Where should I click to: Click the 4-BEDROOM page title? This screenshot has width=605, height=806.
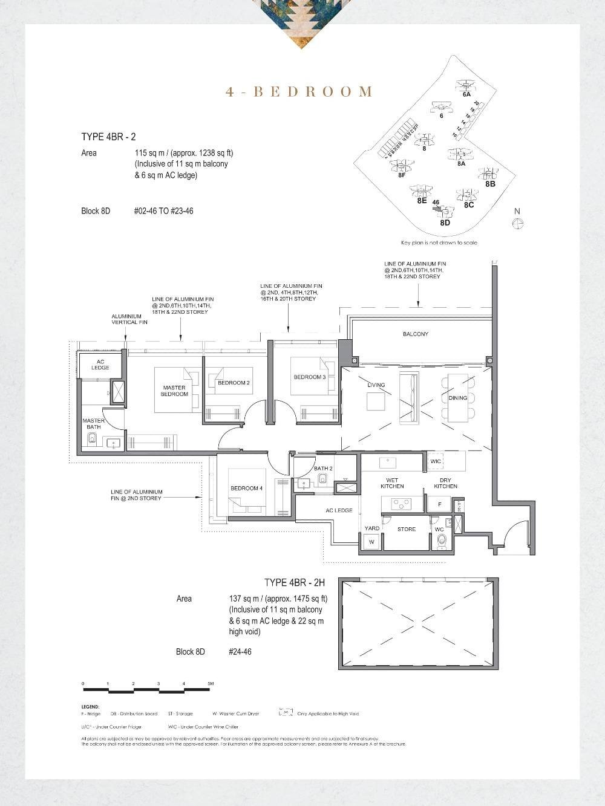[299, 92]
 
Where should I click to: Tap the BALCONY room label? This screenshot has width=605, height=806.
[415, 334]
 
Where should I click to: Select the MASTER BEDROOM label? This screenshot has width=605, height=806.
[174, 391]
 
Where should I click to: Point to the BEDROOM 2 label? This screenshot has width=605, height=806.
[234, 383]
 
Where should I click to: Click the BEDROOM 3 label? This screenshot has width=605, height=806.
[309, 377]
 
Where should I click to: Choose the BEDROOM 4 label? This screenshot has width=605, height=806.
[246, 488]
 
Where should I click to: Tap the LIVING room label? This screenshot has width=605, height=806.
[376, 385]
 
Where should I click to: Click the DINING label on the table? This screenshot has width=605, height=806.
[458, 398]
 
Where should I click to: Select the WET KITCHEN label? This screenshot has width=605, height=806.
[392, 483]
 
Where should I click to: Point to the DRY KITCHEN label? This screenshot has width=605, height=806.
[445, 483]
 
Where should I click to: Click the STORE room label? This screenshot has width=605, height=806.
[406, 529]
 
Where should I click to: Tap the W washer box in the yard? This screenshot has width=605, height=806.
[372, 542]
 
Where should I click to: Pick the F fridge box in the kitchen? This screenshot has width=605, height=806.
[439, 504]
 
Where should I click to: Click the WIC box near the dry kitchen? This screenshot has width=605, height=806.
[436, 461]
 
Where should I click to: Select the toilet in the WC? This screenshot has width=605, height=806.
[441, 539]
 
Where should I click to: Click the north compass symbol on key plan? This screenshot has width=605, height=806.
[517, 223]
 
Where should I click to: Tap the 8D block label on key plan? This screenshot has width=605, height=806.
[445, 223]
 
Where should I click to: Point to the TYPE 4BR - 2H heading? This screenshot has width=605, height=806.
[295, 582]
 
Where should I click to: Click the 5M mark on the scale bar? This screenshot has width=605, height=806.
[211, 683]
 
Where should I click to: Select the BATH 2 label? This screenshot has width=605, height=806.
[322, 468]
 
